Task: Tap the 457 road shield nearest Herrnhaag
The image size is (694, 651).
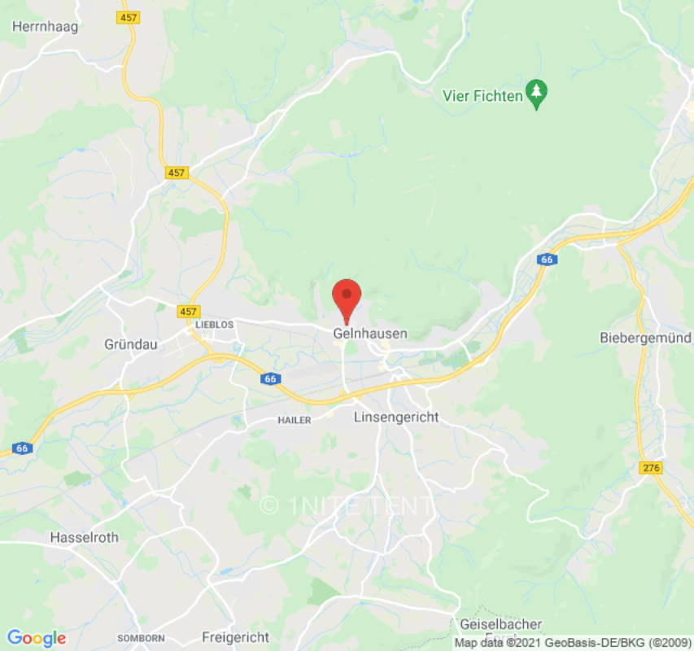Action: tap(127, 16)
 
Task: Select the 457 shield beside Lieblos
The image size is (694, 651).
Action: tap(189, 311)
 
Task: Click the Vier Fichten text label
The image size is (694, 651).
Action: tap(482, 95)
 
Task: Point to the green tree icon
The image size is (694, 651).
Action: tap(536, 94)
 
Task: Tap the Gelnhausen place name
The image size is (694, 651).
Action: tap(370, 334)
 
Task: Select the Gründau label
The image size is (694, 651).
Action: tap(129, 343)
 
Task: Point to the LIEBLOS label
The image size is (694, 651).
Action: tap(215, 324)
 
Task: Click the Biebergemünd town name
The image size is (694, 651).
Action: tap(645, 337)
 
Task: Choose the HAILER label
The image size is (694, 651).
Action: tap(295, 419)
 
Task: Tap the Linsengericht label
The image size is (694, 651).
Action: tap(396, 417)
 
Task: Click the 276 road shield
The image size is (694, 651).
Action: tap(652, 468)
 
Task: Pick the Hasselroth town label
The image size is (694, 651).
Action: tap(84, 537)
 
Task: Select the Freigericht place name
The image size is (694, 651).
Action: tap(235, 636)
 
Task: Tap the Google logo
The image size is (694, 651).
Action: tap(37, 638)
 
